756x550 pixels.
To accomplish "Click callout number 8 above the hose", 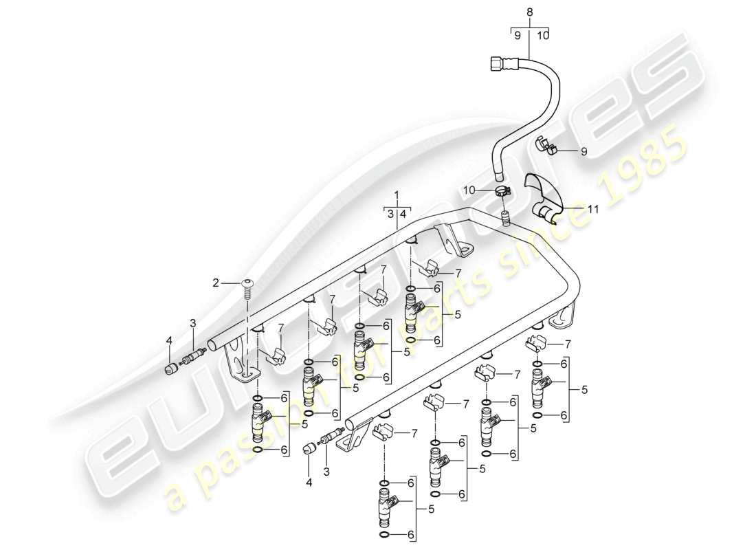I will (x=529, y=12).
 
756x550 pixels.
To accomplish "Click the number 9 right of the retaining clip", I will (x=583, y=153).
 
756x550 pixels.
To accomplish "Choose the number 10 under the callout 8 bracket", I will (x=542, y=36).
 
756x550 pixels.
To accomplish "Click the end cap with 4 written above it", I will (x=171, y=369).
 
